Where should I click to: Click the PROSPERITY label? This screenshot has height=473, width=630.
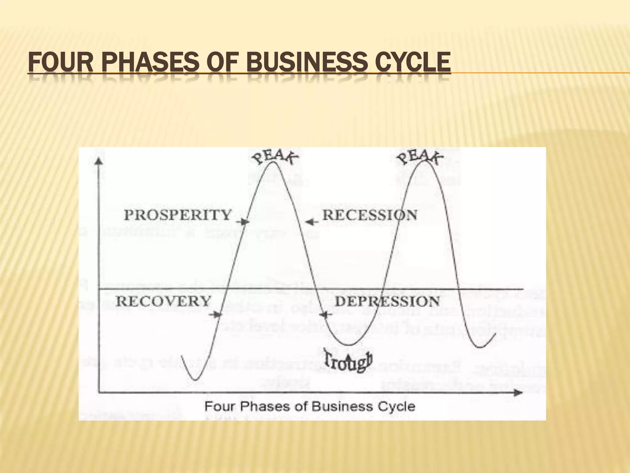click(x=177, y=215)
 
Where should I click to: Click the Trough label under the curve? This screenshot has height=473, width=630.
click(x=349, y=362)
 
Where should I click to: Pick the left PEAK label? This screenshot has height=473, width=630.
click(x=275, y=157)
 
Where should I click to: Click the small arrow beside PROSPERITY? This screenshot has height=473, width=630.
click(x=243, y=221)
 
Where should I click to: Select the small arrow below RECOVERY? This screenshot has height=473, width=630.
click(x=215, y=314)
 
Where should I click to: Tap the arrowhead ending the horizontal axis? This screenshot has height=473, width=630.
click(x=519, y=392)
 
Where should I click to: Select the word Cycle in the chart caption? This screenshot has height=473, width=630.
click(x=399, y=406)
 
